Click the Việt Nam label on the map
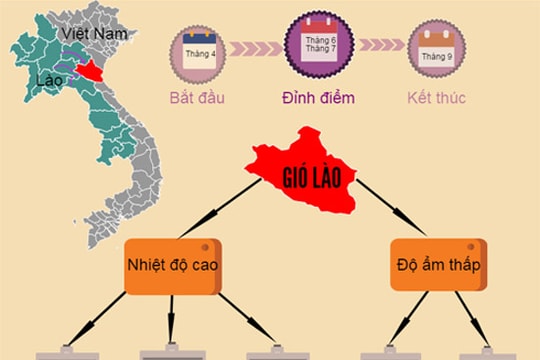(x=94, y=34)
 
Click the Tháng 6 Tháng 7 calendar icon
(x=316, y=45)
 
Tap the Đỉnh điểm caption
(x=316, y=98)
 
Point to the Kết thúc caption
(x=437, y=98)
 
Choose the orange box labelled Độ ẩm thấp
(x=437, y=264)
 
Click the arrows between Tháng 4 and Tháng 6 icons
(x=257, y=45)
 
